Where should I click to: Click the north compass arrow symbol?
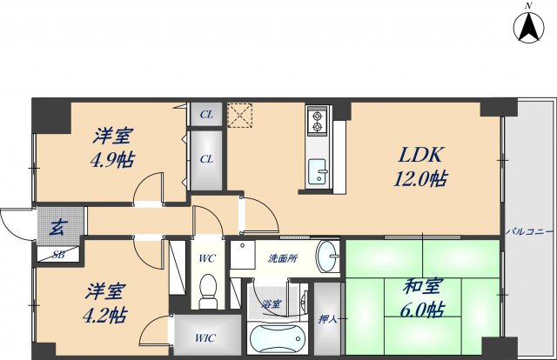(527, 28)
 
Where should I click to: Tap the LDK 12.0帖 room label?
(423, 166)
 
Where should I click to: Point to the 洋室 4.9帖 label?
(114, 147)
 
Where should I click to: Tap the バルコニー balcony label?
(527, 232)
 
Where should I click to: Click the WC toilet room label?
(206, 258)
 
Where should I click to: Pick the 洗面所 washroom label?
(282, 259)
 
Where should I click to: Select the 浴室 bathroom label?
(272, 304)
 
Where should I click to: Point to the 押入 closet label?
(327, 320)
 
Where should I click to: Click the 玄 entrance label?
(56, 229)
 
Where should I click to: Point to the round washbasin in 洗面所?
(327, 257)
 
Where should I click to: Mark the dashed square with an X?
(238, 115)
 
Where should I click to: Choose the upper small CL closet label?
(207, 114)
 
